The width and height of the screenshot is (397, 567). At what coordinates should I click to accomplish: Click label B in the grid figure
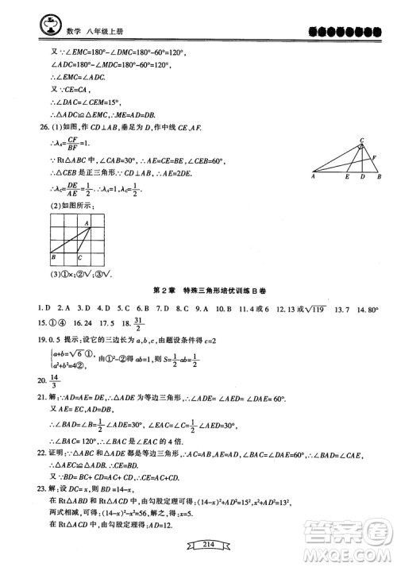point(52,256)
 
